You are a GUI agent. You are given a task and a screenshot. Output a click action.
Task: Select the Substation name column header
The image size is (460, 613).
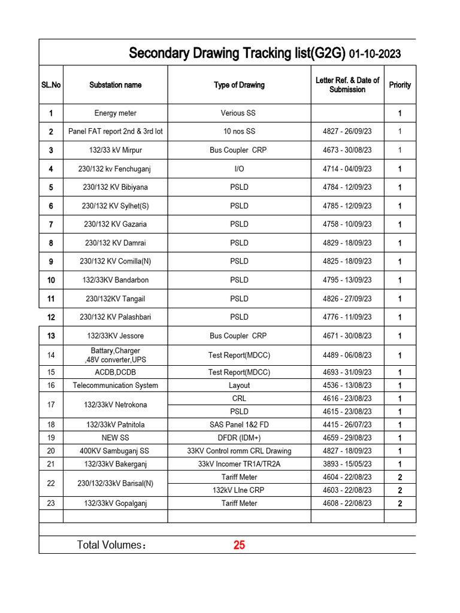(115, 85)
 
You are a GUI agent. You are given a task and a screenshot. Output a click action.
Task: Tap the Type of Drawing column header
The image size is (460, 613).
(239, 85)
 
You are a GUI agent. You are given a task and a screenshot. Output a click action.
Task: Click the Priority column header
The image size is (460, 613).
(400, 85)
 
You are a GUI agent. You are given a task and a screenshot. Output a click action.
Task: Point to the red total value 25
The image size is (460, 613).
(239, 545)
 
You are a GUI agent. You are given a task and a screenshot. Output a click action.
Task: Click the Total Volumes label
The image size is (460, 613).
(111, 545)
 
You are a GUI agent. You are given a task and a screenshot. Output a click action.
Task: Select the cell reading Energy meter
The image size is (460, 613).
(115, 113)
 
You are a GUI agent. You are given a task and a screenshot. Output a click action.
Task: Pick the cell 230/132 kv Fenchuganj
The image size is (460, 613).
(115, 169)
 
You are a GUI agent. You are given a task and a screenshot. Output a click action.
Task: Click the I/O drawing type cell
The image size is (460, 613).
(239, 169)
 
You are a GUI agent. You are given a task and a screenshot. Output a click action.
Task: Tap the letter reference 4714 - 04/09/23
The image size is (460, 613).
(347, 169)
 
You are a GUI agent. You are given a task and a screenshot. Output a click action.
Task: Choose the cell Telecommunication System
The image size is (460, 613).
(115, 386)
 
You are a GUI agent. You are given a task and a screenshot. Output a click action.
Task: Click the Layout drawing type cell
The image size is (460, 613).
(239, 386)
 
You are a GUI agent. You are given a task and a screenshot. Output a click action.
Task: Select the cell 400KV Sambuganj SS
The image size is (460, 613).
(115, 451)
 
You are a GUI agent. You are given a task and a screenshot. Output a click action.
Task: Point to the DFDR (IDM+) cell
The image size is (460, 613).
(239, 438)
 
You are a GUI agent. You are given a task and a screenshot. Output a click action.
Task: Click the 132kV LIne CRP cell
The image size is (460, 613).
(239, 490)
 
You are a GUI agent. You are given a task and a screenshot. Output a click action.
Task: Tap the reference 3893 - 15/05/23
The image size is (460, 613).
(347, 464)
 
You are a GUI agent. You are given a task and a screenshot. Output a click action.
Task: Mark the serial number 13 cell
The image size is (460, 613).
(51, 336)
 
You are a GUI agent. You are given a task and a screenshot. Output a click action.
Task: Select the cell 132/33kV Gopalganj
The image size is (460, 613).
(115, 503)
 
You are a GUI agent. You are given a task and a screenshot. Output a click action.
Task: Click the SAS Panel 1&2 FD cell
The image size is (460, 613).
(239, 424)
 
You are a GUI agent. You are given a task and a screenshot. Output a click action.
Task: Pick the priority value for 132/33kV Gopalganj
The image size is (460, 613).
(400, 504)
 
